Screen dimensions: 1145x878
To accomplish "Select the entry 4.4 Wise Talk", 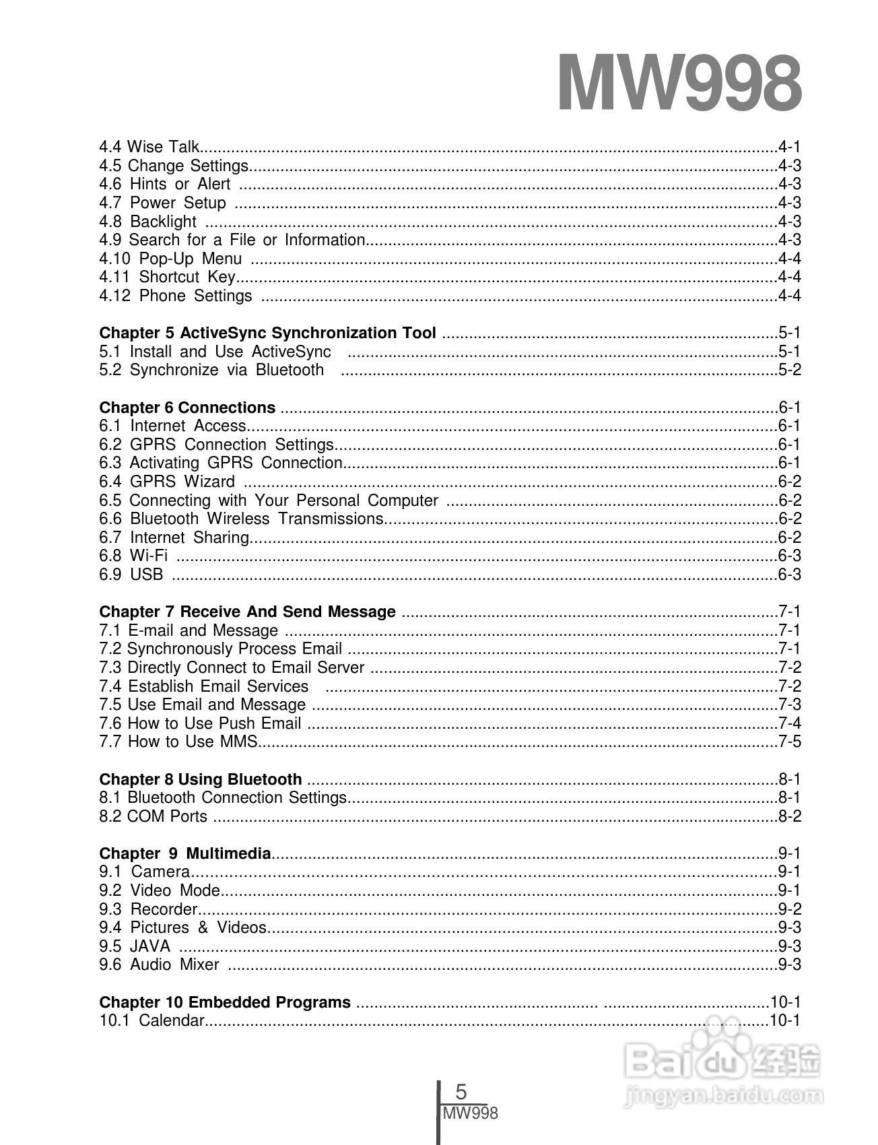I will tap(149, 147).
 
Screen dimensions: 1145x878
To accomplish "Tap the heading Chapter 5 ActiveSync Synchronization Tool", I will tap(267, 333).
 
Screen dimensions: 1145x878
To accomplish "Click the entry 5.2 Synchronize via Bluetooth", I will tap(211, 370).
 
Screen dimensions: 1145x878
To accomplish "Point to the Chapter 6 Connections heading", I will tap(187, 407).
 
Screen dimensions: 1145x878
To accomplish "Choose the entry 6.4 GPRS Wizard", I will tap(167, 482).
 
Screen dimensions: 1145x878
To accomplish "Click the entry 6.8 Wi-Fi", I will tap(133, 556).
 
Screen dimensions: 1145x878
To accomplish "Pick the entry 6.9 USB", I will tap(131, 575).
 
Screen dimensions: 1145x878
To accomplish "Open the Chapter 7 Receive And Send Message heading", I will tap(247, 612).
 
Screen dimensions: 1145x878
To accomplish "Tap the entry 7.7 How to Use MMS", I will tap(178, 742).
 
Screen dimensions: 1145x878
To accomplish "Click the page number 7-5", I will tap(789, 742).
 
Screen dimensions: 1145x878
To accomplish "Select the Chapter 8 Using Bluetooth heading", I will tap(200, 779).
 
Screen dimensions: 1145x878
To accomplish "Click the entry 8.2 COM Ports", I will tap(154, 816).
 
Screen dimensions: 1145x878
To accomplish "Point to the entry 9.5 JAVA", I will tap(135, 946).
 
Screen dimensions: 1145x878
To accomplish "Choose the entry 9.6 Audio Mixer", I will tap(159, 964).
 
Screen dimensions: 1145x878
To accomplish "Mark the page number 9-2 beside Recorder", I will tap(789, 909).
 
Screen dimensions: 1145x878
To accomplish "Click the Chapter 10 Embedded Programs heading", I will tap(225, 1002).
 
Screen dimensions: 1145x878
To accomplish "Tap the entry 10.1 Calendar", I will tap(151, 1020).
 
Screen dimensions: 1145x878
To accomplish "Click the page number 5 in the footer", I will tap(461, 1092).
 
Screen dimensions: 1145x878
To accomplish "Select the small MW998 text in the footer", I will tap(471, 1113).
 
